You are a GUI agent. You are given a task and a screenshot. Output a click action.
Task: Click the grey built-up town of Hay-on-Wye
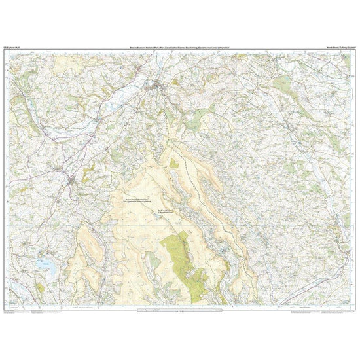(157, 86)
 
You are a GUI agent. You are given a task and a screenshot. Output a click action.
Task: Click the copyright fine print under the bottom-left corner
(26, 314)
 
